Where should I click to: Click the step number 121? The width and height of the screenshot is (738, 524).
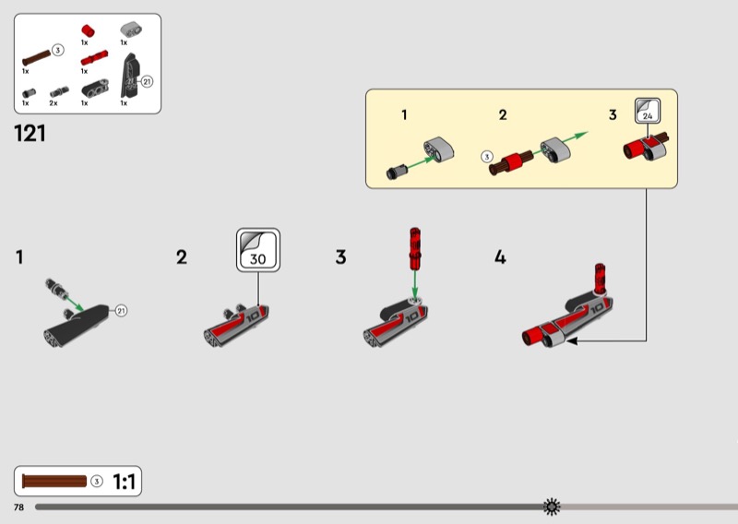[30, 133]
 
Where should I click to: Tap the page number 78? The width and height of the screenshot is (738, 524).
[18, 507]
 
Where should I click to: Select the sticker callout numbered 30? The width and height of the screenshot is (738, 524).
[258, 250]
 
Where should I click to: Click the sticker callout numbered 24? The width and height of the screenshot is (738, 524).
[648, 111]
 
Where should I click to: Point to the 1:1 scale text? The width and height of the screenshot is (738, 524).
[125, 482]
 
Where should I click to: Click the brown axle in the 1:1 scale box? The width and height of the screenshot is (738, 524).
[54, 482]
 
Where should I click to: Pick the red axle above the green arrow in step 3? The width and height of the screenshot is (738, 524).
[414, 248]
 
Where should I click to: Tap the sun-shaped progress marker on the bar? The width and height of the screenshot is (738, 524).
[552, 506]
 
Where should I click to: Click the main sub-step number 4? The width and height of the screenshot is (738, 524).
[500, 257]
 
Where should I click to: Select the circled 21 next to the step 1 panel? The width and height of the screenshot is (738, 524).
[121, 311]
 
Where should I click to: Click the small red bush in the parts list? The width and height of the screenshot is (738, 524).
[88, 31]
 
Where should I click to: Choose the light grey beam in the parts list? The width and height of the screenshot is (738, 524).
[131, 30]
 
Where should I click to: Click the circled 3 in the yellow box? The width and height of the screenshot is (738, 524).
[487, 156]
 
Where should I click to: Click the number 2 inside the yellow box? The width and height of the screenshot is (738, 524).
[503, 115]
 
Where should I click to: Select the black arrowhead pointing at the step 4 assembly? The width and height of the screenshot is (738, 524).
[571, 340]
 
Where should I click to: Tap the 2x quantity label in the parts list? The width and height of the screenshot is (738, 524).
[54, 103]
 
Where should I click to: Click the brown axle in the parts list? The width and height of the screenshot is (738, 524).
[36, 58]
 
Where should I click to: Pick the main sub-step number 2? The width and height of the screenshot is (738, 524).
[182, 257]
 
